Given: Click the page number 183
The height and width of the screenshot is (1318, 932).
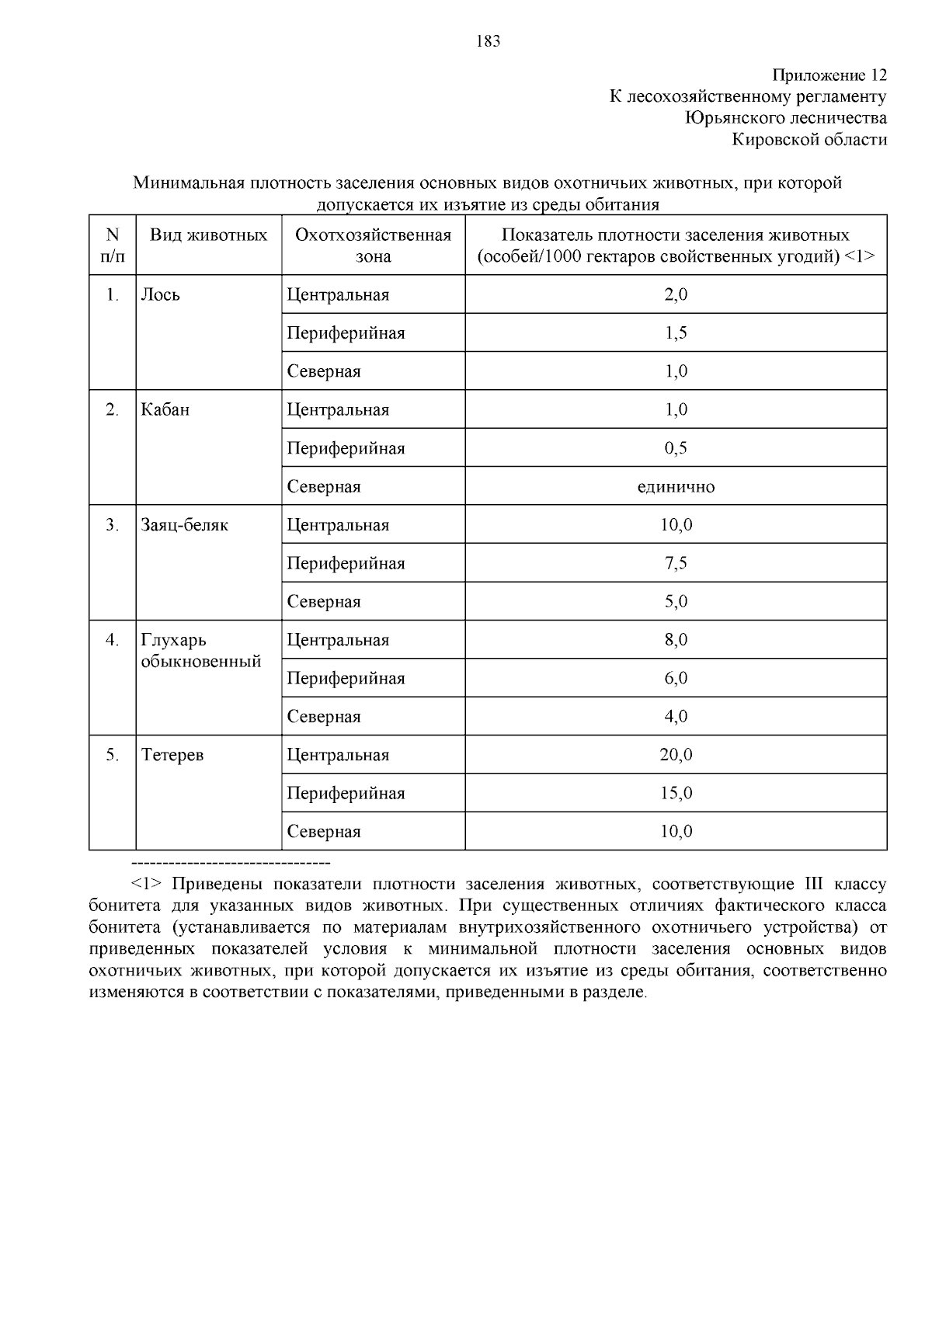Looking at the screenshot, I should tap(488, 42).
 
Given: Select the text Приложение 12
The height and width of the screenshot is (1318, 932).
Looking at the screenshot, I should tap(829, 75).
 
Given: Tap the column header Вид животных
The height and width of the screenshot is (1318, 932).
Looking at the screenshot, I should tap(208, 235).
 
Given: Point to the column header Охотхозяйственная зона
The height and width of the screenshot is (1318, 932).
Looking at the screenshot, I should tap(373, 245).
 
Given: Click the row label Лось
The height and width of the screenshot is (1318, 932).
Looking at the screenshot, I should tap(160, 295).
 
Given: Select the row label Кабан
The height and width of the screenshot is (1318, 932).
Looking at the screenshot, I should tap(165, 410).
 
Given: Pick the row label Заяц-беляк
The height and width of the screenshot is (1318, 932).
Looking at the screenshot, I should tap(184, 525).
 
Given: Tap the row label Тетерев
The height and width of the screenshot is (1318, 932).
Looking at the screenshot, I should tap(172, 755).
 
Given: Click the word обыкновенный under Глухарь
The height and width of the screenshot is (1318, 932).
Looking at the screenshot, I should tap(200, 662).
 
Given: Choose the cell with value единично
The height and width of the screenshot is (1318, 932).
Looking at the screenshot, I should tap(676, 487).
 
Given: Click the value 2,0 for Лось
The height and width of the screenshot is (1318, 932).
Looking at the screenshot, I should tap(676, 295).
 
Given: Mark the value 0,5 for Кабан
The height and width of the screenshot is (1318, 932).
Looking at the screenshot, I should tap(676, 448).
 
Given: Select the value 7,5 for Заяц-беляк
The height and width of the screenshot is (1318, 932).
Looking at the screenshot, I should tap(676, 563).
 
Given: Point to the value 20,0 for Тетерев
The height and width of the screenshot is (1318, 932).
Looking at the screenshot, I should tap(676, 755).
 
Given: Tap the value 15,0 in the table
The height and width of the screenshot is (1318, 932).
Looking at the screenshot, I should tap(676, 793).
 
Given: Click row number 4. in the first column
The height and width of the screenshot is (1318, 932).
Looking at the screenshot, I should tap(113, 640).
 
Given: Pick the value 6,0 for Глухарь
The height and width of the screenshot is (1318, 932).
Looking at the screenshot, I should tap(676, 678).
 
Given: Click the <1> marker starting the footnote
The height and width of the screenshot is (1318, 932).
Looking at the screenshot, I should tap(146, 885).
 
